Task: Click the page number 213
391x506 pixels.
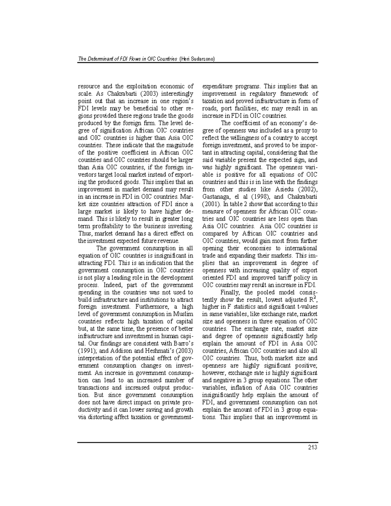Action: (312, 447)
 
